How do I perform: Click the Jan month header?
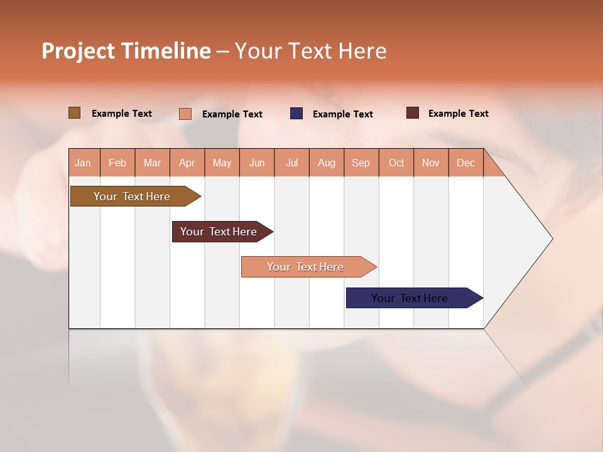point(84,163)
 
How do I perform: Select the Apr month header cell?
point(187,163)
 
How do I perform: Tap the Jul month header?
point(291,163)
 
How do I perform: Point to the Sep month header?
point(361,163)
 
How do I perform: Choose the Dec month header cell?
point(465,163)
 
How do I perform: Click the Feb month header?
point(117,163)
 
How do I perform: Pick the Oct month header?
point(396,163)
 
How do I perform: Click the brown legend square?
point(74,113)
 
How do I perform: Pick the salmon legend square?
point(185,114)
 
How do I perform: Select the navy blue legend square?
point(296,114)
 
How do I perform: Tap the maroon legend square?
point(413,113)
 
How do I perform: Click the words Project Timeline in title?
point(126,51)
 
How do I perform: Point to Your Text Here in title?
point(311,51)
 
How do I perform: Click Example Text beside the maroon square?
point(458,114)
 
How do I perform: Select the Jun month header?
point(257,163)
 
